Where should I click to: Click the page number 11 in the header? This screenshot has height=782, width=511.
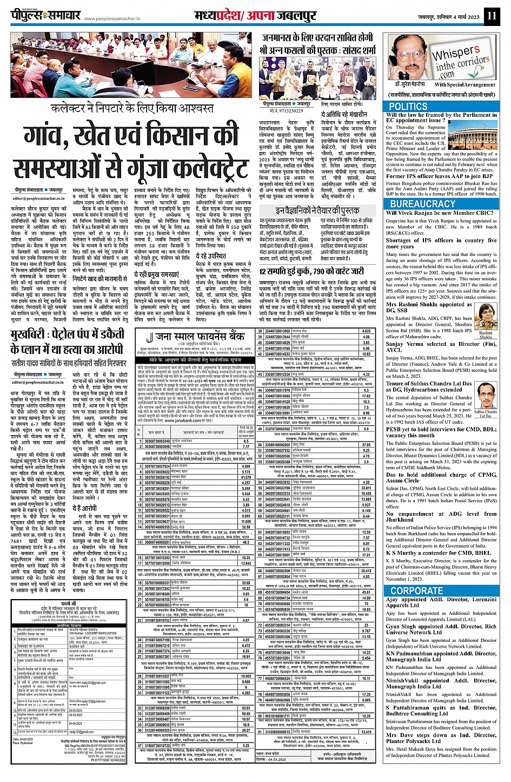click(490, 16)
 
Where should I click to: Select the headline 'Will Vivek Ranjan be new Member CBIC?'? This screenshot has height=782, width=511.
click(440, 213)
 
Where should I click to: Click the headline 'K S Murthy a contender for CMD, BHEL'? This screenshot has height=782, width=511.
click(439, 553)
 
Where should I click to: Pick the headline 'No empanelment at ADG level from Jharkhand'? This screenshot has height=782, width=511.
click(441, 517)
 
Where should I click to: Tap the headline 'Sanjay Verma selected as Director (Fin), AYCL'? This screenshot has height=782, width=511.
click(441, 346)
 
